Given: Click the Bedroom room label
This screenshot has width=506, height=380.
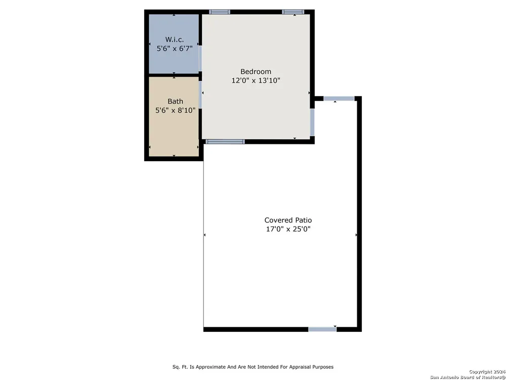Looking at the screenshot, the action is [x=256, y=71].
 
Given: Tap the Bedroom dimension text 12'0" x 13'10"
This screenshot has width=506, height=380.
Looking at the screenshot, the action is [x=256, y=81].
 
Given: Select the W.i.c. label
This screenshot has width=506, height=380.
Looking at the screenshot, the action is [x=175, y=40].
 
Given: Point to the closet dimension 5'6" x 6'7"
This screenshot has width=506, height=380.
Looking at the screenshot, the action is [x=175, y=49].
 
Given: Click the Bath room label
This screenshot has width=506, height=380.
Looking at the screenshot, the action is [x=175, y=101].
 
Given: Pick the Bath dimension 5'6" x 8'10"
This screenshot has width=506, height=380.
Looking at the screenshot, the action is [x=175, y=110].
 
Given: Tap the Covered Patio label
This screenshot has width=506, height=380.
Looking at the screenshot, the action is [x=288, y=220].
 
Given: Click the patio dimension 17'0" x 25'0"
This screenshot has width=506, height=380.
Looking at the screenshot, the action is [x=288, y=229].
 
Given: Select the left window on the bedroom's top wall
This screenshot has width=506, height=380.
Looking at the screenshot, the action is [x=220, y=12].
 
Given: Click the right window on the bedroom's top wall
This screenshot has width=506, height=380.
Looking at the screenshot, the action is [x=292, y=12].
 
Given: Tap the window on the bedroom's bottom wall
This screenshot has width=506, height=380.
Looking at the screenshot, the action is [x=225, y=141].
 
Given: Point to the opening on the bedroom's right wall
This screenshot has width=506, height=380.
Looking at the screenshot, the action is [x=312, y=122].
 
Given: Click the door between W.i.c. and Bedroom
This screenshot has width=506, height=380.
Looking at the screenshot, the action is [x=200, y=58].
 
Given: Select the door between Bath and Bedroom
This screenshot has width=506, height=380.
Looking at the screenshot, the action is [x=200, y=95].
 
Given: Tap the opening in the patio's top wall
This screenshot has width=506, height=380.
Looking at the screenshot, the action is [x=339, y=99].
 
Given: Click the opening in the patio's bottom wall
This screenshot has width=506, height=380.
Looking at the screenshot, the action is [x=322, y=329].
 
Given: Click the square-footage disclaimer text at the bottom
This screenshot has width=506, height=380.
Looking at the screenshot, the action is [x=253, y=367].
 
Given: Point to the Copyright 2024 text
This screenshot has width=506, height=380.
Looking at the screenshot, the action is [x=487, y=372].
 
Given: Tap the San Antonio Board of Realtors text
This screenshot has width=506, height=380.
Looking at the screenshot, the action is [x=468, y=377].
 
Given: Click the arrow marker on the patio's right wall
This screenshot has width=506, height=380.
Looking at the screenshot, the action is [x=356, y=235].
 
